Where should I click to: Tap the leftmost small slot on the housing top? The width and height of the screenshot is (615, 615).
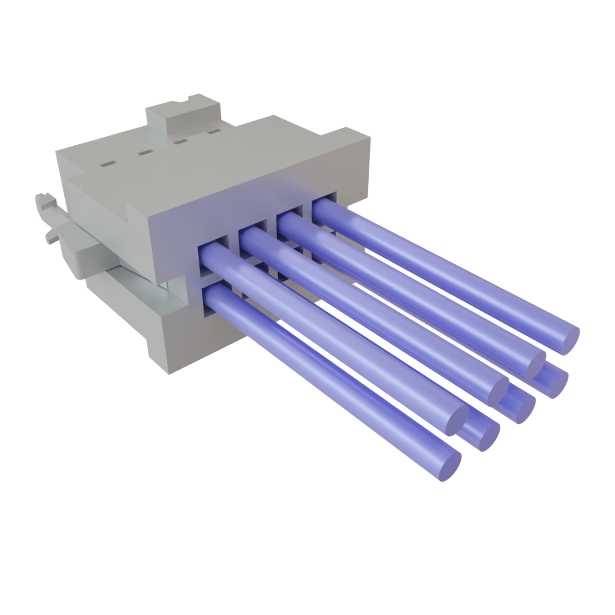tap(108, 163)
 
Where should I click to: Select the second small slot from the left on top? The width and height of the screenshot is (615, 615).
tap(145, 153)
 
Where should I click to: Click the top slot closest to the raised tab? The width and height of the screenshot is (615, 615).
tap(214, 132)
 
